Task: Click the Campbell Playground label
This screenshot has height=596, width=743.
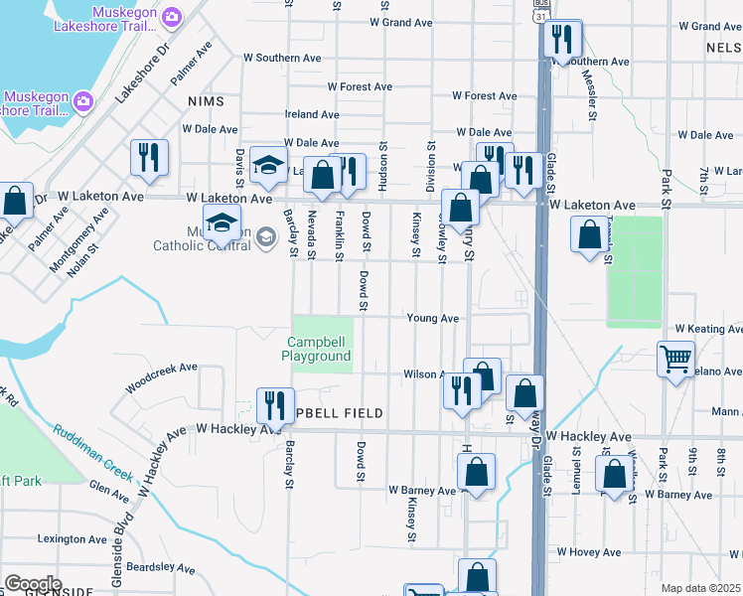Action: [x=316, y=349]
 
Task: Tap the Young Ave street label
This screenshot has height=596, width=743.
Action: [x=432, y=319]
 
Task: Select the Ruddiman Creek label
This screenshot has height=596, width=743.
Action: [x=94, y=451]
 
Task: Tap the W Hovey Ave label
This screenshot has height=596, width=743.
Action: [x=589, y=552]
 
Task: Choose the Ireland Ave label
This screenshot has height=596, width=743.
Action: [x=312, y=115]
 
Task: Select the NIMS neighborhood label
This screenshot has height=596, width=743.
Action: [x=205, y=102]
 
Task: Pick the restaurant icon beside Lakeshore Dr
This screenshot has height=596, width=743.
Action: [x=149, y=157]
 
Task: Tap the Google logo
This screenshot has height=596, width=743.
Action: [x=32, y=584]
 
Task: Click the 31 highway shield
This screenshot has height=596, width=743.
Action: [x=538, y=17]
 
